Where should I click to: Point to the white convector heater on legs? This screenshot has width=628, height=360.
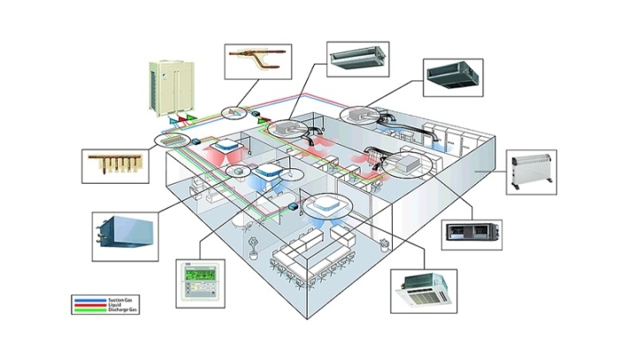[x=532, y=172]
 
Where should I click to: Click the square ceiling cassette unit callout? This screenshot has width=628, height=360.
[x=424, y=288]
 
